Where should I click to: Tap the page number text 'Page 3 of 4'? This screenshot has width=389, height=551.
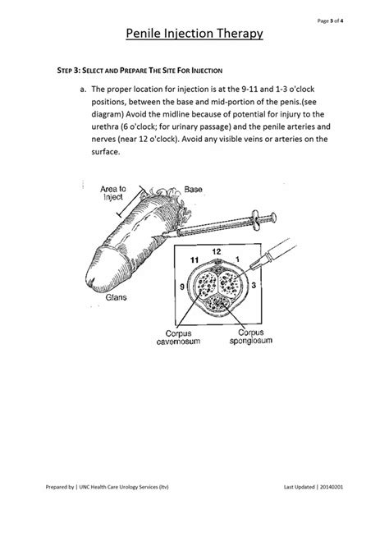click(330, 21)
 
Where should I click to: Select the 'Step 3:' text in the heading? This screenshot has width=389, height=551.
click(69, 71)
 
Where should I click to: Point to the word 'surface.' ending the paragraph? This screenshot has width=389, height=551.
click(106, 152)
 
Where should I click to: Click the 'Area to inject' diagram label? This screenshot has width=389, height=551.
click(112, 193)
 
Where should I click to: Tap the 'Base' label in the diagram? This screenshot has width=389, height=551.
click(193, 190)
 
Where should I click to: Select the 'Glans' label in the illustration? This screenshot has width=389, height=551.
click(116, 297)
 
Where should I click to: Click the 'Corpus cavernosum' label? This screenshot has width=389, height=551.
click(178, 337)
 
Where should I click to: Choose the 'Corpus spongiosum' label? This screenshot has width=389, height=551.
click(250, 337)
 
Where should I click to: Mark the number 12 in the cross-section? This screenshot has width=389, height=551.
click(217, 251)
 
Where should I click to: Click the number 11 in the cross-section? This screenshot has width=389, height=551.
click(194, 260)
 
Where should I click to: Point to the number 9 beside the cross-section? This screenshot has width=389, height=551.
click(182, 287)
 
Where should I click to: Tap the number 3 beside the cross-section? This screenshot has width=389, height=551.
click(254, 285)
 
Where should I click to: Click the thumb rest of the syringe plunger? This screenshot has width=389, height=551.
click(273, 218)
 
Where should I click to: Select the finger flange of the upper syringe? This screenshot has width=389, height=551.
click(255, 220)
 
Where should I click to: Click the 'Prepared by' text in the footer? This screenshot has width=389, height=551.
click(60, 487)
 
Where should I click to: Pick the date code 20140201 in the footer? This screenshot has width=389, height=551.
click(332, 487)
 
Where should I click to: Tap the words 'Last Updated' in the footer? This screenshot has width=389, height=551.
click(299, 487)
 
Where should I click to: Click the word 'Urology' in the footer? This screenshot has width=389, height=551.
click(129, 487)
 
